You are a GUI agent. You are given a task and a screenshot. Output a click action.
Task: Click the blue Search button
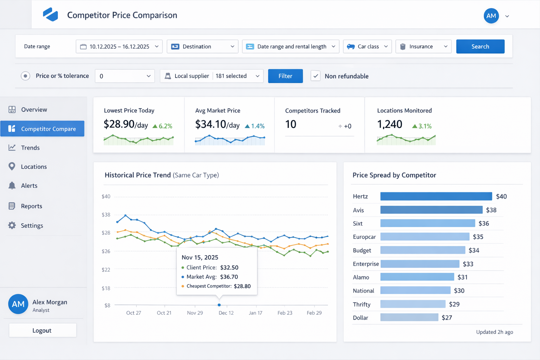coord(480,46)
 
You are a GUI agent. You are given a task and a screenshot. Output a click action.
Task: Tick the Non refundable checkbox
coord(315,76)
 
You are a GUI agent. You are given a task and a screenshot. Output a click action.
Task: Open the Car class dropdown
coord(367,46)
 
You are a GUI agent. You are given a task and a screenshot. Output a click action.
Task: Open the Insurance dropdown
coord(423,46)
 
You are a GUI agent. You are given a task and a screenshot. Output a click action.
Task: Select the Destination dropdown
coord(202,46)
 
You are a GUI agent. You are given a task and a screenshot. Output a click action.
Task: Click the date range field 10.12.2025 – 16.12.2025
coord(119,46)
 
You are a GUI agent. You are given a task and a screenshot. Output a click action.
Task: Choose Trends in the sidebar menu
coord(30,148)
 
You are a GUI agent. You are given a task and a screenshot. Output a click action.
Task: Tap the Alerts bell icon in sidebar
coord(12,186)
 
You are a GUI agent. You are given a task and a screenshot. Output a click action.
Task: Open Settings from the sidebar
coord(32,225)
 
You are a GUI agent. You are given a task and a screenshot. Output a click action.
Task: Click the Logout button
coord(42,330)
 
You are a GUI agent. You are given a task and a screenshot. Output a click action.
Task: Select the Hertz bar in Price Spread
coord(436,196)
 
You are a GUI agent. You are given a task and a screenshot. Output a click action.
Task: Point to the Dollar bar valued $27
coord(409,317)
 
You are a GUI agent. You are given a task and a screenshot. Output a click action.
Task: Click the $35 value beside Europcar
coord(478,237)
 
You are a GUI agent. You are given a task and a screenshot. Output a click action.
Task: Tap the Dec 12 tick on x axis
coord(226,313)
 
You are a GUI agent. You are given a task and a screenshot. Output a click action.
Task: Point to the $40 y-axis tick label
coord(106,196)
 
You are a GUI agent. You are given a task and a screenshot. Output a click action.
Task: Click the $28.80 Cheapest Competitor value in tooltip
coord(242,286)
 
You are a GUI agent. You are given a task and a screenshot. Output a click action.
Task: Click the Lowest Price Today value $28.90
coord(119,124)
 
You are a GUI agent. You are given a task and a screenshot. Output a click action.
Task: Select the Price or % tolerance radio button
coord(25,76)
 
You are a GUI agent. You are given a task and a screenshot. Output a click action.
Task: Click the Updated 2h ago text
coord(494,332)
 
